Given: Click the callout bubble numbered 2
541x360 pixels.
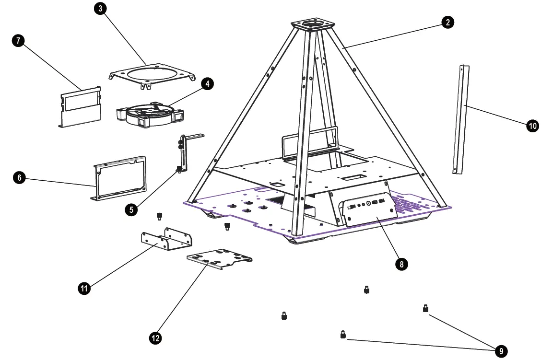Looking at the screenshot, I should [447, 22].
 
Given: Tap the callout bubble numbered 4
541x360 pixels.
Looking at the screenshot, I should [207, 84].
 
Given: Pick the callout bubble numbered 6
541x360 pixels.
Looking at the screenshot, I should [19, 178].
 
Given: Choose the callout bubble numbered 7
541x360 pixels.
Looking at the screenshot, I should [18, 41].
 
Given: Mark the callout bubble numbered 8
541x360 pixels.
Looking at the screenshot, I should [401, 264].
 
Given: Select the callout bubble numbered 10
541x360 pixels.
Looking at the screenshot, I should [532, 126].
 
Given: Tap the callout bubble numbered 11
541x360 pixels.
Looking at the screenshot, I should [84, 288].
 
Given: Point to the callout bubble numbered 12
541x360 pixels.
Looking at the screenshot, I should [155, 338].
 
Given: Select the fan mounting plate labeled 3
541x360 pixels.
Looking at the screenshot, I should [153, 75].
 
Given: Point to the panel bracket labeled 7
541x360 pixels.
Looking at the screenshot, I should [80, 108].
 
